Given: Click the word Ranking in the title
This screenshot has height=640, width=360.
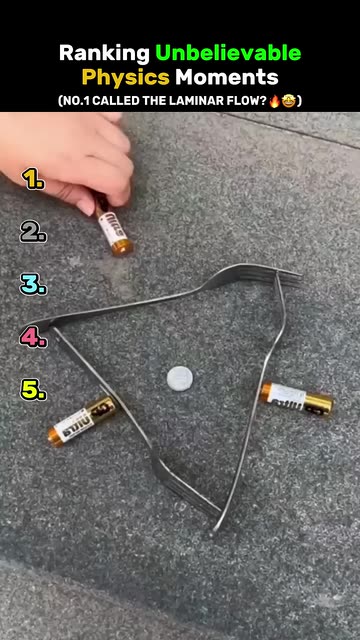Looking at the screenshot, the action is (x=104, y=53).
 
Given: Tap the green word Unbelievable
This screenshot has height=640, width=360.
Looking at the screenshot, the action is (x=228, y=53).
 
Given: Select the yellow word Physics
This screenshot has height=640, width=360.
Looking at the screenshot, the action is (x=126, y=77).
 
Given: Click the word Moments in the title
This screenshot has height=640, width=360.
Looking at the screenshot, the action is (x=227, y=77).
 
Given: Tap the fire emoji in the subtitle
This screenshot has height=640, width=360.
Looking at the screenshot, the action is (x=275, y=100).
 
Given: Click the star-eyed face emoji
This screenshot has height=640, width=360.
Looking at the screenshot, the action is (x=289, y=100).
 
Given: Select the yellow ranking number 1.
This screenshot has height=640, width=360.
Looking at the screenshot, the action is (x=33, y=179).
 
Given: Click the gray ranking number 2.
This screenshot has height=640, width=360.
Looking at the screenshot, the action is (x=33, y=232).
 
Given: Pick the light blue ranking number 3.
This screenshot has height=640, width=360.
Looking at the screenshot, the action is (x=33, y=284).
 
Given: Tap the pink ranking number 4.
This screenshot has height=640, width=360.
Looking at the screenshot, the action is (x=33, y=337).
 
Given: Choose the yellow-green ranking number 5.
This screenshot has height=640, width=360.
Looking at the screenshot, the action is (x=33, y=389).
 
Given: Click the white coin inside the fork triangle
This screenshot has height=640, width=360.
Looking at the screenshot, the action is (x=180, y=378).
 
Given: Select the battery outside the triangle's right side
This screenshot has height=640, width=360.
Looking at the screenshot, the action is (x=297, y=399).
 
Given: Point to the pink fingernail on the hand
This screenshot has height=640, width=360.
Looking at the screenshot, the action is (x=86, y=206).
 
